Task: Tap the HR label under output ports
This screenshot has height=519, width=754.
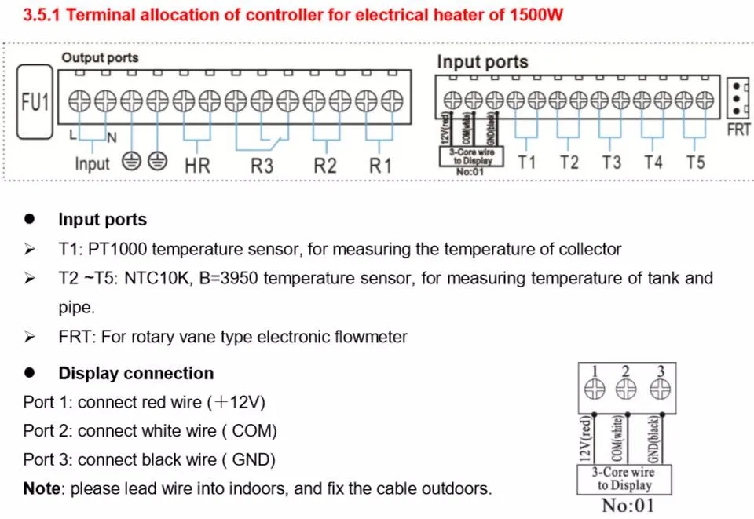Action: tap(198, 166)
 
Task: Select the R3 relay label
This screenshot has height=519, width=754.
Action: tap(262, 166)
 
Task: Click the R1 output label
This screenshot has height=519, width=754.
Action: tap(380, 166)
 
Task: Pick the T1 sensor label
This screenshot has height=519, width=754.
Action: tap(527, 163)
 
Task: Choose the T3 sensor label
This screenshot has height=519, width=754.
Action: tap(611, 163)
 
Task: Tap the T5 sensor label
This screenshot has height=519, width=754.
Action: tap(695, 163)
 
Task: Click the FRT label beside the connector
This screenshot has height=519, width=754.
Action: tap(738, 130)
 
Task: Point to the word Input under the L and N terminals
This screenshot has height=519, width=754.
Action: tap(92, 164)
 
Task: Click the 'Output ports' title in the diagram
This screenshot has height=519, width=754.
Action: tap(100, 57)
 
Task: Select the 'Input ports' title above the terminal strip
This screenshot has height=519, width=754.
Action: tap(482, 62)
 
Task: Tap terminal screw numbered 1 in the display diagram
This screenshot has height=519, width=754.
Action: tap(595, 388)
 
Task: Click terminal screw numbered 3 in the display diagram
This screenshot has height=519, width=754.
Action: tap(662, 388)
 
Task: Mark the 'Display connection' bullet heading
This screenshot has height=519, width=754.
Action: tap(136, 374)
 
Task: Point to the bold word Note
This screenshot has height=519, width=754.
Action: tap(42, 488)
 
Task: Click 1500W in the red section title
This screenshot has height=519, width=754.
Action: tap(534, 16)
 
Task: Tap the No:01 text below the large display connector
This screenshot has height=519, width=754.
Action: tap(628, 505)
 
